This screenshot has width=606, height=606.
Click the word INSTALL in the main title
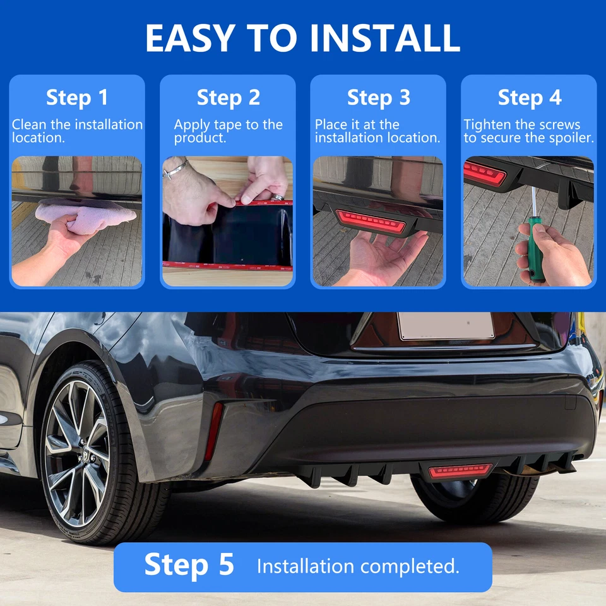tap(385, 39)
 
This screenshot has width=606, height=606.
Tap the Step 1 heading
tap(77, 98)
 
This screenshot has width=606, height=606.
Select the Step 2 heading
tap(228, 98)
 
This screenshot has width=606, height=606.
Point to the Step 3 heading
tap(379, 98)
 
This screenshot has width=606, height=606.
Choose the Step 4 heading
tap(529, 98)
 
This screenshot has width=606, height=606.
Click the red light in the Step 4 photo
tap(485, 172)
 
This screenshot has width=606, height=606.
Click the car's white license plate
tap(446, 326)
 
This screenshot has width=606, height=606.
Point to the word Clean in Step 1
tap(28, 125)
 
